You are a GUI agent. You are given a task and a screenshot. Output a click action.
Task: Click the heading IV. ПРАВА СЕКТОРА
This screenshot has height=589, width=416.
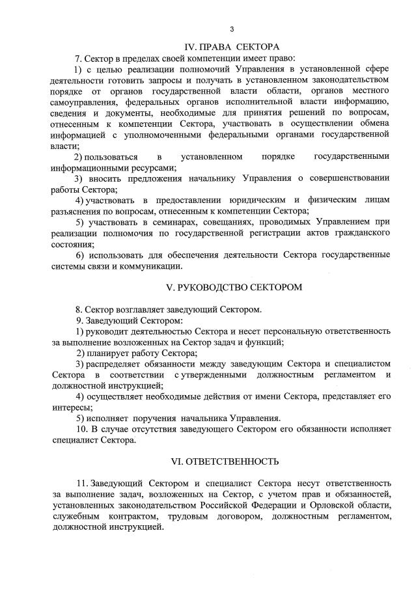pos(232,46)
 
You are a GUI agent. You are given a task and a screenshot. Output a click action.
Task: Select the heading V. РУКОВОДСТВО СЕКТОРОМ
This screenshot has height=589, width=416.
pos(232,287)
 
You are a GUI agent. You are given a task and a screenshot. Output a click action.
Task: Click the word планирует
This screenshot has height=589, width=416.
pos(121,353)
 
